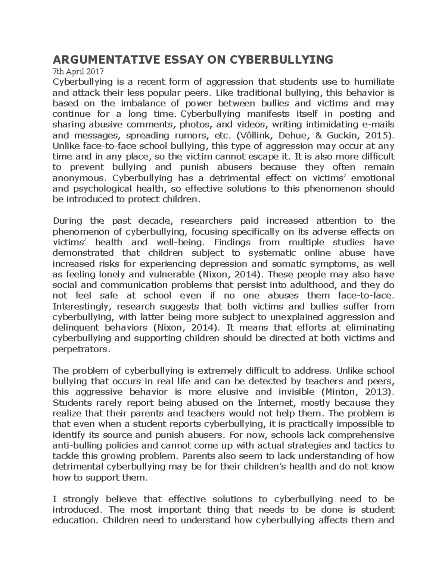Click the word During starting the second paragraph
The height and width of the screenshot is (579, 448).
click(x=68, y=221)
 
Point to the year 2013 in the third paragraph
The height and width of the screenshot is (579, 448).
click(x=380, y=392)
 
